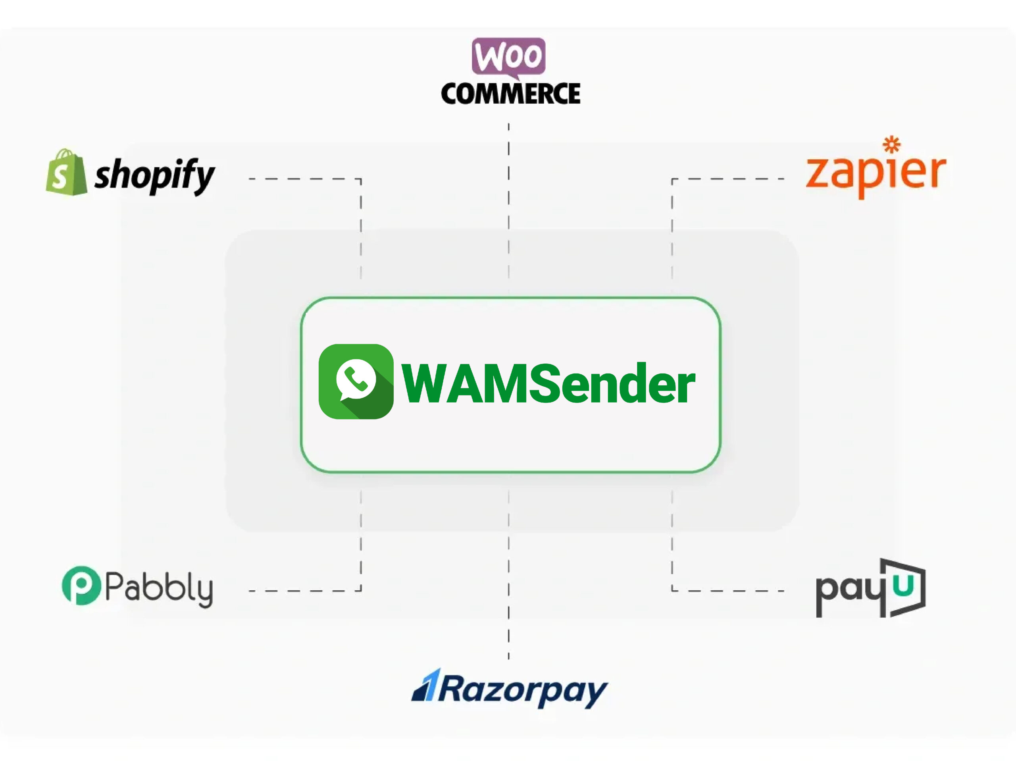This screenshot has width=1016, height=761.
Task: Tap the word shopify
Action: click(x=154, y=175)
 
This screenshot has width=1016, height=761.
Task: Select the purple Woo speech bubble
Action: click(x=508, y=57)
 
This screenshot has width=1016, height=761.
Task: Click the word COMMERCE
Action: click(x=510, y=94)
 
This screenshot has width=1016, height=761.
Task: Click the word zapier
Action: click(x=876, y=172)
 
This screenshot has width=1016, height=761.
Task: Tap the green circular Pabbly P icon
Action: click(x=81, y=586)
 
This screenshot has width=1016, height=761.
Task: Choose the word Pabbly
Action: click(x=159, y=588)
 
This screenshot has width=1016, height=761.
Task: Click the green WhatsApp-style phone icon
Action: click(x=356, y=381)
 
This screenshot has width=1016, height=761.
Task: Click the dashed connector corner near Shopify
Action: click(x=360, y=179)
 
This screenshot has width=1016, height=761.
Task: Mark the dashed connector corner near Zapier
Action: click(x=672, y=179)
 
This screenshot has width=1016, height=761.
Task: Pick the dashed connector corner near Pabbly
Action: click(x=360, y=591)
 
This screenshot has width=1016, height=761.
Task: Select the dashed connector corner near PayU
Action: click(x=672, y=591)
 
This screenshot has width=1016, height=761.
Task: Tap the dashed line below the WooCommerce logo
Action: click(x=508, y=184)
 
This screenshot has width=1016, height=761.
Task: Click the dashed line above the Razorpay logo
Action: click(x=508, y=597)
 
